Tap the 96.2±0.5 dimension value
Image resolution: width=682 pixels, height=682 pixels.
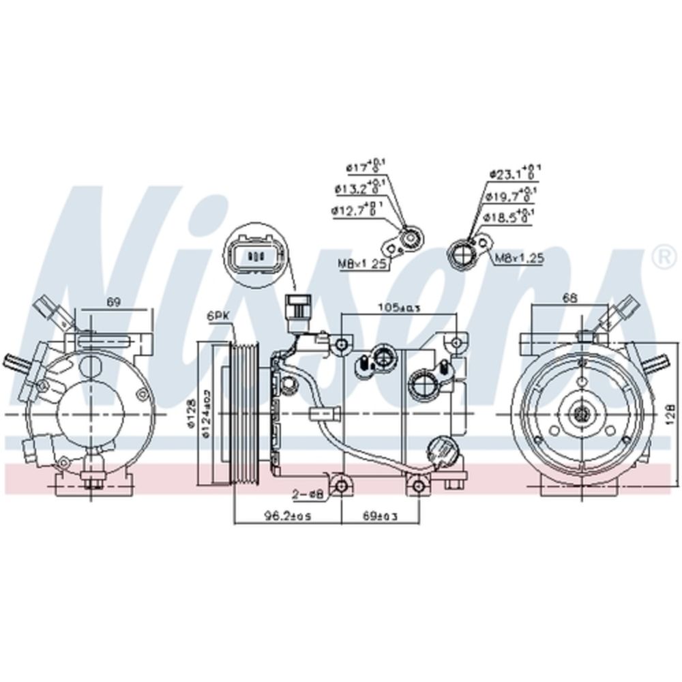(x=288, y=516)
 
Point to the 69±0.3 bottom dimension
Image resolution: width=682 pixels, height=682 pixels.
(x=379, y=516)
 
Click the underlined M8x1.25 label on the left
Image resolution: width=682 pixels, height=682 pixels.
(x=362, y=263)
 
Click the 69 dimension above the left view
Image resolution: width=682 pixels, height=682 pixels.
(x=114, y=301)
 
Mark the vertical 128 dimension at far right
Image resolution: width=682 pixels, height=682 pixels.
(x=672, y=412)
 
